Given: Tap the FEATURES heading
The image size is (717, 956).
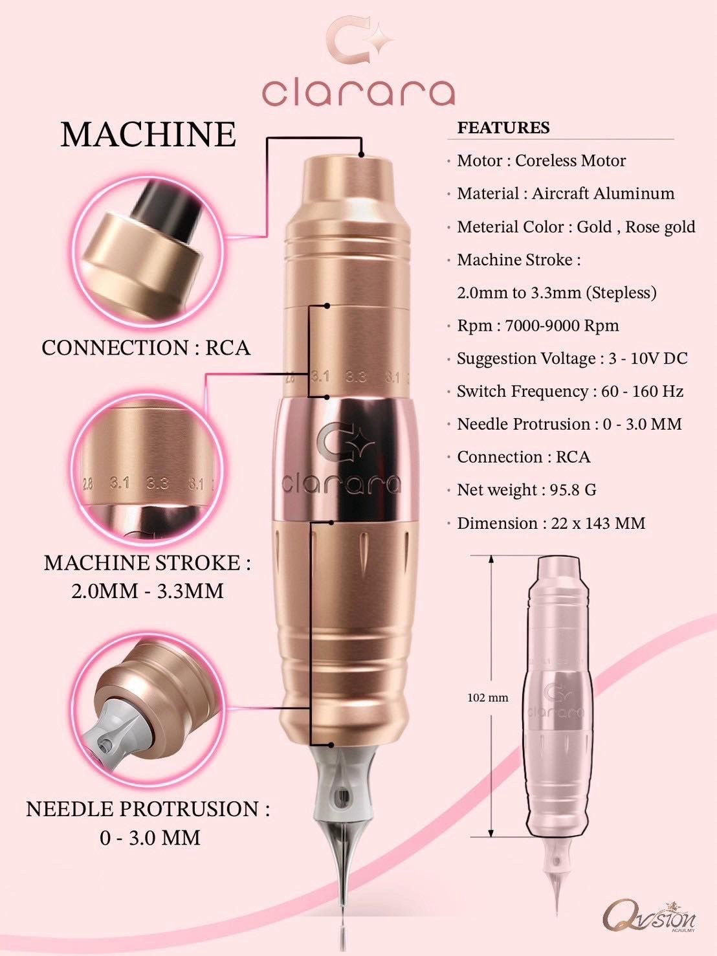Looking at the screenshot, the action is click(503, 128).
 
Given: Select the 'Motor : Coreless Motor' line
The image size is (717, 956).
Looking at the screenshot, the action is click(541, 161).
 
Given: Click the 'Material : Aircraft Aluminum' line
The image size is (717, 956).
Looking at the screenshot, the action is click(566, 194).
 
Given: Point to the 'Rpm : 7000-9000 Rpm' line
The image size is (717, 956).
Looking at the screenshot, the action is click(538, 326).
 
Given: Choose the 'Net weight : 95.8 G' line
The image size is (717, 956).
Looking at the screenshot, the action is click(527, 490).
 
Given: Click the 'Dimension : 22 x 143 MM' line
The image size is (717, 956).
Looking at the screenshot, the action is click(551, 523).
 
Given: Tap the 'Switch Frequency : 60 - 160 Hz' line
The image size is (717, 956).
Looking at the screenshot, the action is click(570, 391).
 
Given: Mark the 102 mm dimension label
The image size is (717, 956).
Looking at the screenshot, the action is click(487, 698).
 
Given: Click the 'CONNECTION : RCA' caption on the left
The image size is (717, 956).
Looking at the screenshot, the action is click(146, 348).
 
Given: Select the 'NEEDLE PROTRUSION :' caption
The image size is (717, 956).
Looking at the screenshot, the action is click(148, 809).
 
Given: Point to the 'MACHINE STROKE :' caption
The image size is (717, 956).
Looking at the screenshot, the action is click(148, 562).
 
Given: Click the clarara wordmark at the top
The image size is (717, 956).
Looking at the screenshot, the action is click(358, 93).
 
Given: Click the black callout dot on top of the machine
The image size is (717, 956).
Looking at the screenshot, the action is click(361, 154).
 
